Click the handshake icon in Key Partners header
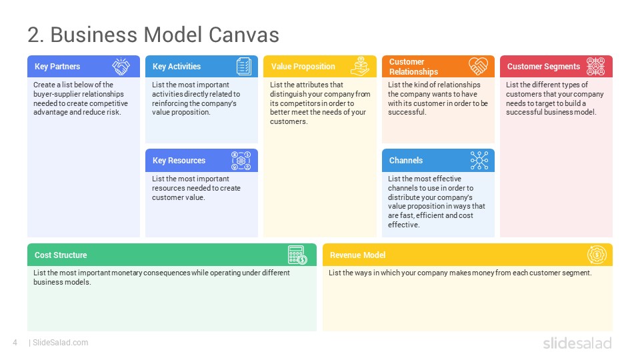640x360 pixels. [121, 67]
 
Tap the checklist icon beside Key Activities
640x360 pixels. [244, 67]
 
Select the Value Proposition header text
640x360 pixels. [303, 67]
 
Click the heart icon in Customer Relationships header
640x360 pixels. [479, 66]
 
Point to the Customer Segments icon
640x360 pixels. [595, 67]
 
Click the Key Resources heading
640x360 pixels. [179, 161]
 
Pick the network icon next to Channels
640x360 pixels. [479, 161]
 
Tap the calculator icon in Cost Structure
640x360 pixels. [297, 255]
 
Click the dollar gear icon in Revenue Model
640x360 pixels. [597, 255]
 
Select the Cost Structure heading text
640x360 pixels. [61, 255]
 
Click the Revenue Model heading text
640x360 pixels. [357, 255]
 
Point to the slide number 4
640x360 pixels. [15, 343]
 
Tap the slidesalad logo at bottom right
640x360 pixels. [577, 343]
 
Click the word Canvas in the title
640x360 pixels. [244, 35]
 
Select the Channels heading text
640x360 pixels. [406, 161]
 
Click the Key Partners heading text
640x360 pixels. [57, 67]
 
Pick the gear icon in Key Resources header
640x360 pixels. [241, 161]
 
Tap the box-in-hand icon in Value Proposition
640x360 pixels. [360, 67]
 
